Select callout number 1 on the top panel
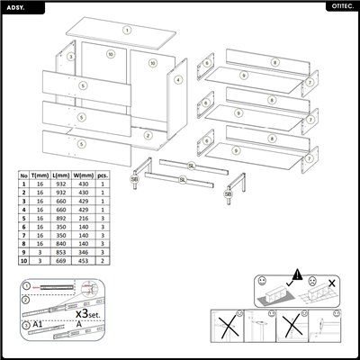pos(127,29)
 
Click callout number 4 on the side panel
pos(178,80)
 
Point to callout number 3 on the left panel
pos(70,56)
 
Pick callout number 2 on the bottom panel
pos(147,136)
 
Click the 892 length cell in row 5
pos(61,218)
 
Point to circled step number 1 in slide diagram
pos(27,287)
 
